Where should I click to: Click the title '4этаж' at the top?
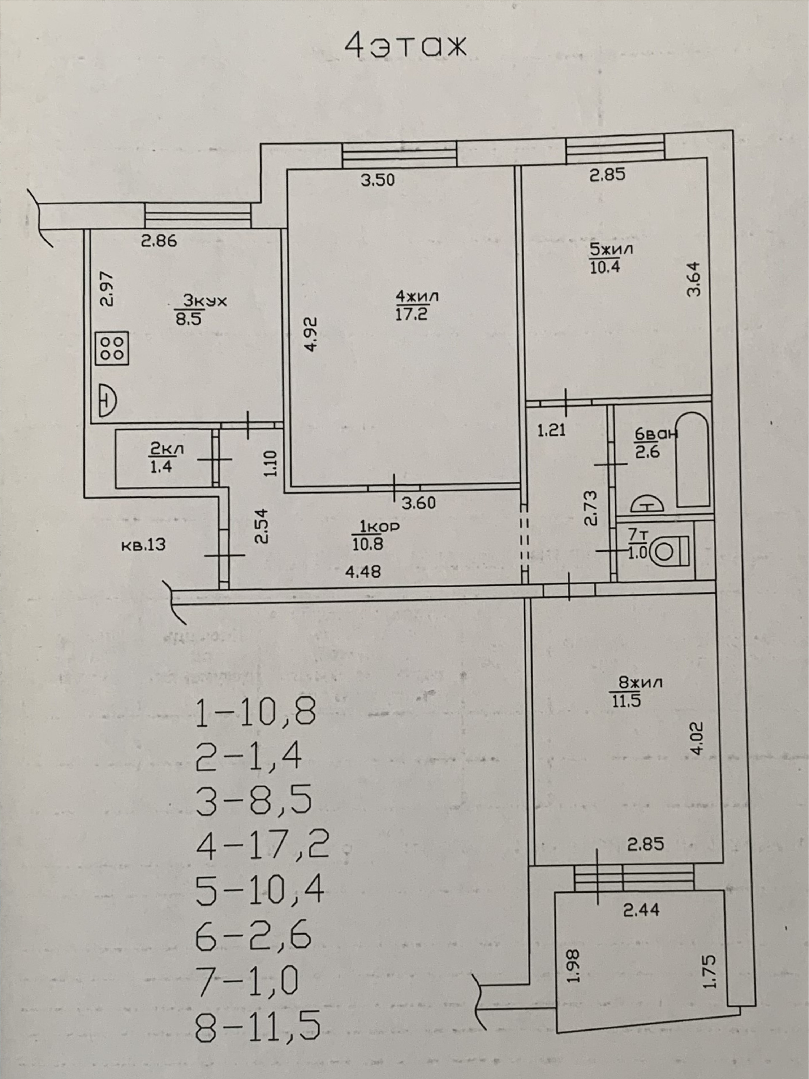tap(405, 47)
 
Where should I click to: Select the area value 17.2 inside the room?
tap(411, 314)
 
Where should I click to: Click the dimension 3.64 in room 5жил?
tap(694, 279)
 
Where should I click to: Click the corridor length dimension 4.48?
tap(362, 571)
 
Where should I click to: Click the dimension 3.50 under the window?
tap(377, 180)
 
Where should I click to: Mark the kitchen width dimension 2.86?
tap(158, 241)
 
